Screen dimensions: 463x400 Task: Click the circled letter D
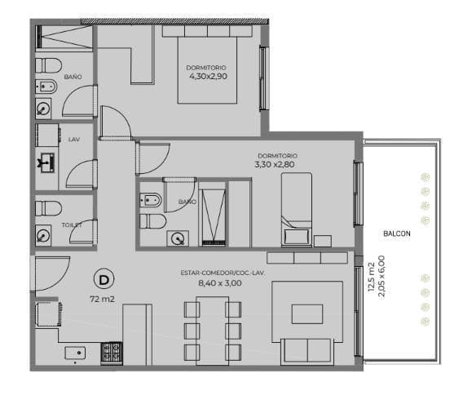point(104,279)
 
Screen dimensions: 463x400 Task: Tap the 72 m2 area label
point(102,300)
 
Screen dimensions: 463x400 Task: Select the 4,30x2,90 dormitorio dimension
point(209,76)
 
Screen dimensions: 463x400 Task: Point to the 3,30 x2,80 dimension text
point(275,164)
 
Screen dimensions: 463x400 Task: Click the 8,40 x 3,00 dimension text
point(220,283)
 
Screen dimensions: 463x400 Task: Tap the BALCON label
point(397,233)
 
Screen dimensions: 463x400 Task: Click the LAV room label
point(74,140)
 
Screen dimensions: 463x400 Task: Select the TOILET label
point(72,225)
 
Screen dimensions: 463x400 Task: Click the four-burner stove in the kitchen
point(112,353)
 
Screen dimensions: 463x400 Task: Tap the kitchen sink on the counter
point(75,353)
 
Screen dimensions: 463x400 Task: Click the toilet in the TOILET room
point(48,209)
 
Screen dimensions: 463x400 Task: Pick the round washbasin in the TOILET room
point(43,236)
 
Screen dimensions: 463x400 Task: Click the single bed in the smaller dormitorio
point(297,210)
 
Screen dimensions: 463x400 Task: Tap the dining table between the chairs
point(213,331)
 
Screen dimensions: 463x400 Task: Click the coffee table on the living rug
point(307,314)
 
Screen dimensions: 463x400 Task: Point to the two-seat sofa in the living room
point(307,350)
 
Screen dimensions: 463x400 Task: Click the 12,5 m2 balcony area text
point(372,277)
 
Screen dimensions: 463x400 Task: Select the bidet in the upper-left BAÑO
point(46,87)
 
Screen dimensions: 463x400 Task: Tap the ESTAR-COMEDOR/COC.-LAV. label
point(223,273)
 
